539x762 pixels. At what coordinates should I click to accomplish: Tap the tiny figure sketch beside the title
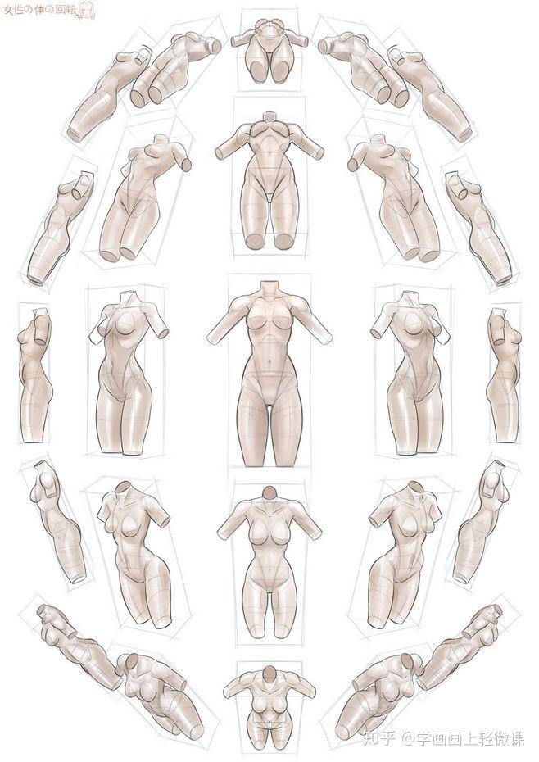[x=87, y=11]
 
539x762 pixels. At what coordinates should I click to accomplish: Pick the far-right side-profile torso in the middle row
[x=504, y=374]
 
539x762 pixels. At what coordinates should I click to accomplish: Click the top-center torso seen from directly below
[x=269, y=51]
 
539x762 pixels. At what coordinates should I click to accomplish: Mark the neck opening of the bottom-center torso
[x=269, y=673]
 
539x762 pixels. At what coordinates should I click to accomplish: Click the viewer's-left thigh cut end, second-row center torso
[x=254, y=241]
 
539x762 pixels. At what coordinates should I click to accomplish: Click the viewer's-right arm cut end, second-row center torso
[x=319, y=153]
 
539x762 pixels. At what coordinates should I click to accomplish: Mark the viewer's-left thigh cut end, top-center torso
[x=257, y=71]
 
